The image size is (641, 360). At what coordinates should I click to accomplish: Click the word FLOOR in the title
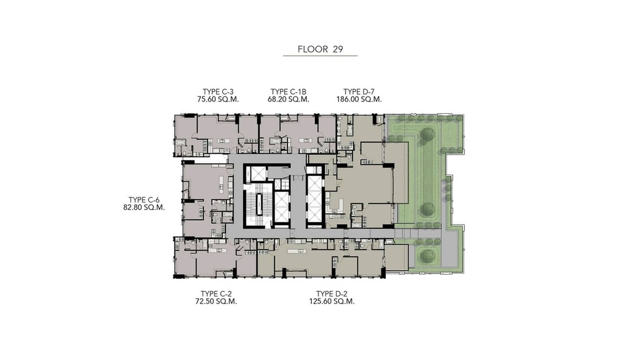tap(312, 49)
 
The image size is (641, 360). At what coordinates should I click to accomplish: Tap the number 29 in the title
tap(338, 49)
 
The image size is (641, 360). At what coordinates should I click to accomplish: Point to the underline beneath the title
tap(320, 56)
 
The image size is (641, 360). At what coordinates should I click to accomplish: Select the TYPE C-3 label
tap(218, 92)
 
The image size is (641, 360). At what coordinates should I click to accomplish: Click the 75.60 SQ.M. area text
tap(218, 99)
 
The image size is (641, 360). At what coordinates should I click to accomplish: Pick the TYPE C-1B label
tap(288, 92)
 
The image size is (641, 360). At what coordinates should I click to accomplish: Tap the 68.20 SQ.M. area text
tap(288, 99)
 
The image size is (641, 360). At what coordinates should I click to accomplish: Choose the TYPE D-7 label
tap(359, 92)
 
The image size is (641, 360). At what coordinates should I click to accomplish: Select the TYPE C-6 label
tap(144, 200)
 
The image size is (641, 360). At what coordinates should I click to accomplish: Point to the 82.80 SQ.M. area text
tap(144, 207)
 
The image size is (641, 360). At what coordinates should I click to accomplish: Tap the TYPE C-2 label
tap(216, 294)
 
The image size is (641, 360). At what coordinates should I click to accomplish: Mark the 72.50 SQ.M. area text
tap(216, 301)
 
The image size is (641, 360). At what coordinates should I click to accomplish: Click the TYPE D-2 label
tap(331, 294)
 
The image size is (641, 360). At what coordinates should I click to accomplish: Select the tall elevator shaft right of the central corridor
tap(314, 200)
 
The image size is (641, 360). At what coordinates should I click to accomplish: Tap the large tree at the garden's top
tap(427, 135)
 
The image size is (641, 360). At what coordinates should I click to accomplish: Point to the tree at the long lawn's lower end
tap(427, 209)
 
